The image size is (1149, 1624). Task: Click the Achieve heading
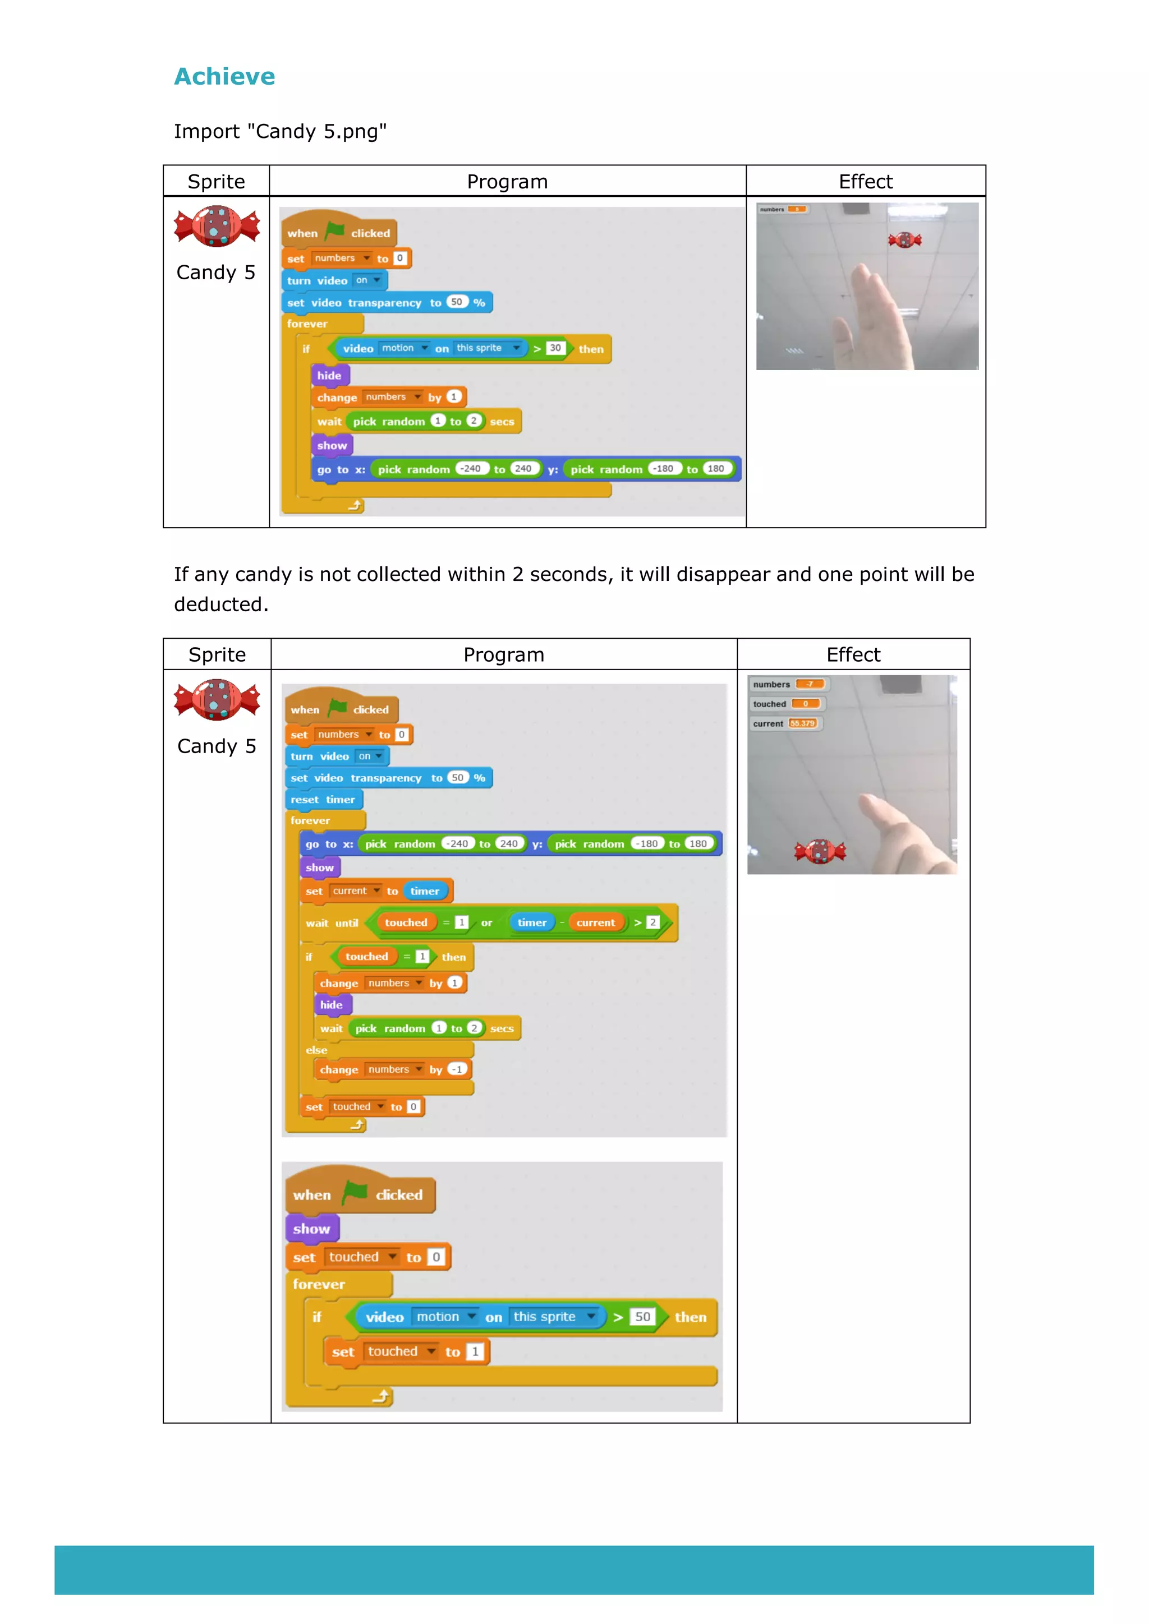[224, 76]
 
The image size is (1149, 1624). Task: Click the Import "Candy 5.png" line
[280, 132]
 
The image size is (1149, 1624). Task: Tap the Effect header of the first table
[865, 182]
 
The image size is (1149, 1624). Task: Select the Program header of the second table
[504, 655]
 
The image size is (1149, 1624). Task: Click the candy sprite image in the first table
[217, 227]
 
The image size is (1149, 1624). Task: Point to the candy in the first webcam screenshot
[904, 241]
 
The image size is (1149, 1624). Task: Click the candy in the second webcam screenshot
[820, 852]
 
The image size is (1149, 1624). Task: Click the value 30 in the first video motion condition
[555, 348]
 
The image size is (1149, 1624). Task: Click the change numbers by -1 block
[393, 1069]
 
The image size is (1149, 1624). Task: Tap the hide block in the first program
[329, 376]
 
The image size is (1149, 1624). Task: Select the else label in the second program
[316, 1050]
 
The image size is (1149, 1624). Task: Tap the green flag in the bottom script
[354, 1193]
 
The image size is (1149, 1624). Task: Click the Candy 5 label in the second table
[217, 746]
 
